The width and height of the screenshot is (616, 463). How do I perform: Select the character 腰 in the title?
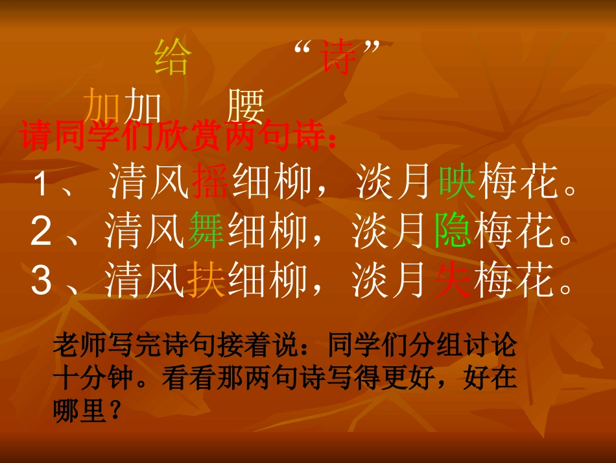tap(246, 105)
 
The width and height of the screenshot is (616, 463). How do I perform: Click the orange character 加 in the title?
tap(104, 105)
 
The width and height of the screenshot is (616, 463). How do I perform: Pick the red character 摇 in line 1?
tap(210, 181)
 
